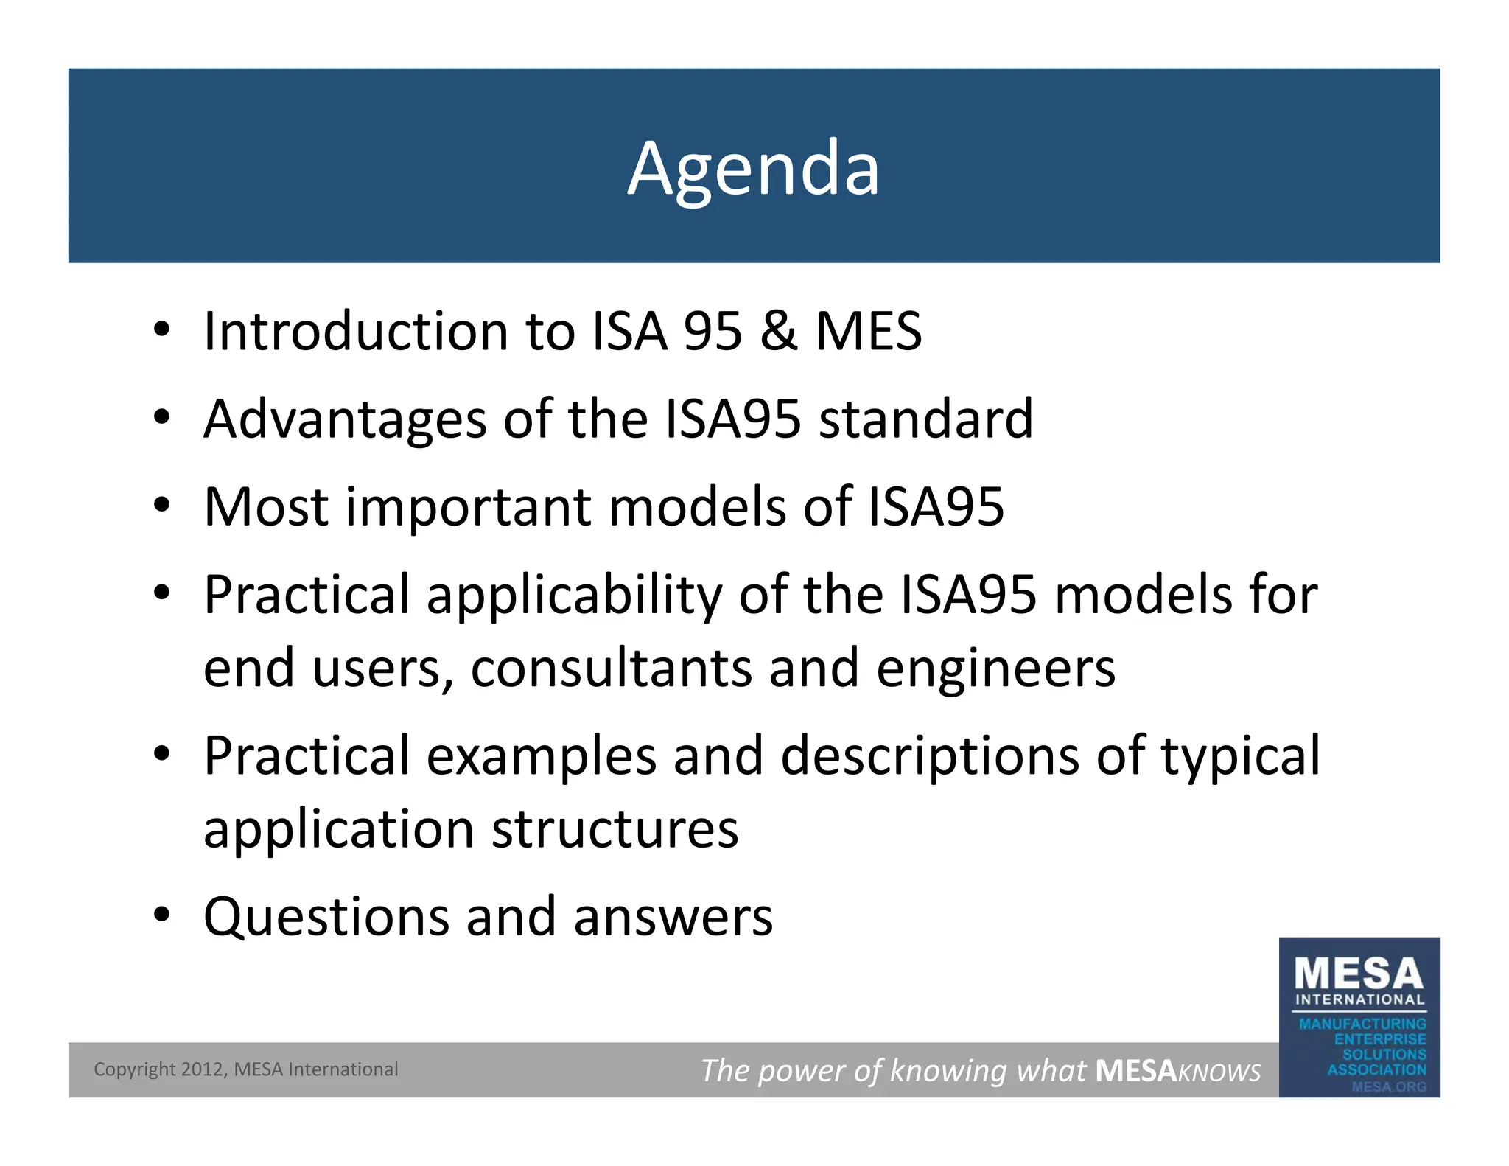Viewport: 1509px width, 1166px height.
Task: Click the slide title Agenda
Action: pyautogui.click(x=753, y=169)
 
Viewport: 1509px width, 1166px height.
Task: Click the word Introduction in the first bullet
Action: pyautogui.click(x=355, y=331)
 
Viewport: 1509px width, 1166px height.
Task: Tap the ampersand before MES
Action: pyautogui.click(x=779, y=331)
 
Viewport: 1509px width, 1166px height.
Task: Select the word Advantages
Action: pyautogui.click(x=345, y=419)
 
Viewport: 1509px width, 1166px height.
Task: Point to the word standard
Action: pyautogui.click(x=926, y=419)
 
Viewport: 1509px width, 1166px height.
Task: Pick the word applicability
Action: pyautogui.click(x=574, y=595)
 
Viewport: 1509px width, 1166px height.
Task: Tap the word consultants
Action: pyautogui.click(x=612, y=668)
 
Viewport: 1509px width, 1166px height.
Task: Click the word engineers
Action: pyautogui.click(x=996, y=668)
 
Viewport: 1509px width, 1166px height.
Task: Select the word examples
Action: pyautogui.click(x=542, y=756)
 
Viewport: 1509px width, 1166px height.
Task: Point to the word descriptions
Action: pyautogui.click(x=930, y=756)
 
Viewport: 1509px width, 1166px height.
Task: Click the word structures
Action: pyautogui.click(x=615, y=829)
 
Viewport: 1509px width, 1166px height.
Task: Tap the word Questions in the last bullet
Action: pyautogui.click(x=326, y=917)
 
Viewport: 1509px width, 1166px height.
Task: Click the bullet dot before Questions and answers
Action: pyautogui.click(x=162, y=915)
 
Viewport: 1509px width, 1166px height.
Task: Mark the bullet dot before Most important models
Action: pyautogui.click(x=162, y=505)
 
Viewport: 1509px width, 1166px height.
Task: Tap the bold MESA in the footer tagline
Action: pyautogui.click(x=1135, y=1070)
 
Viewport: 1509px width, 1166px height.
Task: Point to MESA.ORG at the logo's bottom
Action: pyautogui.click(x=1388, y=1086)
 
